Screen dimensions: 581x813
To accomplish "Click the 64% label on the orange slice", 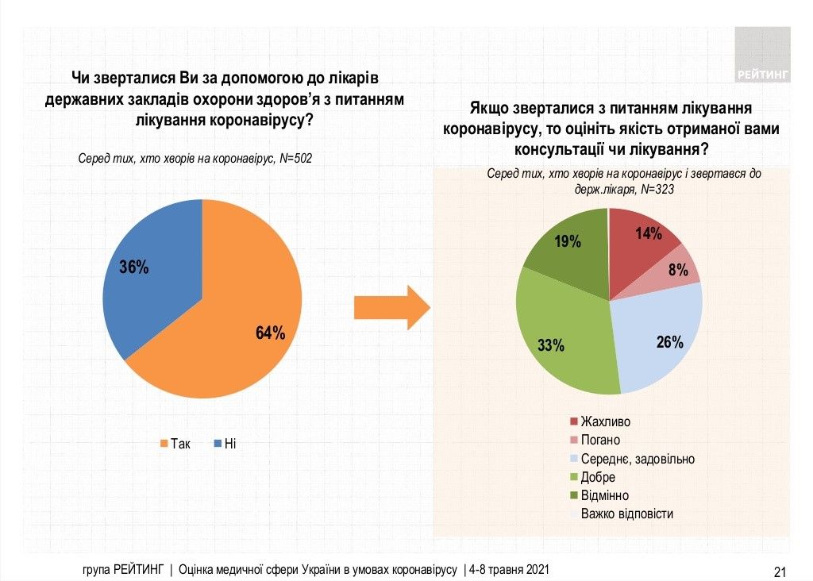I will [x=270, y=333].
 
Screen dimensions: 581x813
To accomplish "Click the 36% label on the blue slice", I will [x=133, y=267].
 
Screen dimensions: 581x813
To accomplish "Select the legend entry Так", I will [x=175, y=444].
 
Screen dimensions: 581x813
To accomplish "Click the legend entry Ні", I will [x=224, y=444].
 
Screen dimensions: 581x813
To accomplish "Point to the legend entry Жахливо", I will [x=605, y=421].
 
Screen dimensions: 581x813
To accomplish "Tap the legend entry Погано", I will [x=601, y=440].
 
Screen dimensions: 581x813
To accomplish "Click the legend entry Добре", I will [x=598, y=477].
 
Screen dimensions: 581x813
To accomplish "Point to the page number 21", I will [x=779, y=571].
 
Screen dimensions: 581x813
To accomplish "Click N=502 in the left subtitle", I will [x=295, y=159].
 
